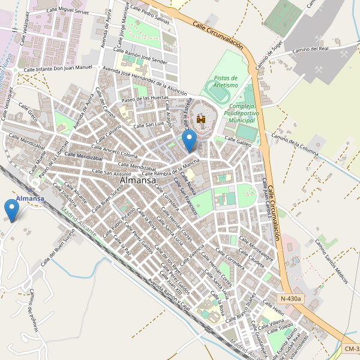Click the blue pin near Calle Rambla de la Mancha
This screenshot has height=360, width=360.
pyautogui.click(x=190, y=142)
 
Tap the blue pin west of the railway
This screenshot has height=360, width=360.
pyautogui.click(x=11, y=209)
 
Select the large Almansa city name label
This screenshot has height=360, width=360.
pyautogui.click(x=138, y=180)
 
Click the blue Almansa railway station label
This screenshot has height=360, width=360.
pyautogui.click(x=30, y=199)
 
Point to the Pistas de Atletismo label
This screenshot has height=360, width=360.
pyautogui.click(x=226, y=82)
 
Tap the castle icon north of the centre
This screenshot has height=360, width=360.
pyautogui.click(x=201, y=119)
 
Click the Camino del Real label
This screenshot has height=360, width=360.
pyautogui.click(x=311, y=50)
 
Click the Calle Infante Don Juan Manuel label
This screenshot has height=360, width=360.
pyautogui.click(x=58, y=70)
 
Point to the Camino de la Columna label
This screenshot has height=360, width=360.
pyautogui.click(x=294, y=145)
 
